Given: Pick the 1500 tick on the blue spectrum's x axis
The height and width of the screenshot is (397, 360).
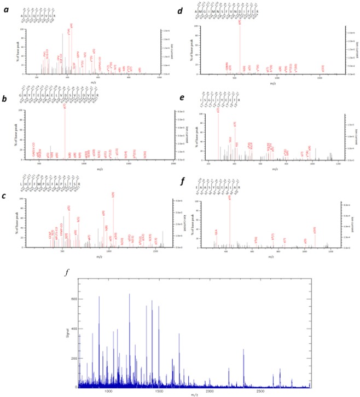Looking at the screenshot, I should point(159,393).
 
